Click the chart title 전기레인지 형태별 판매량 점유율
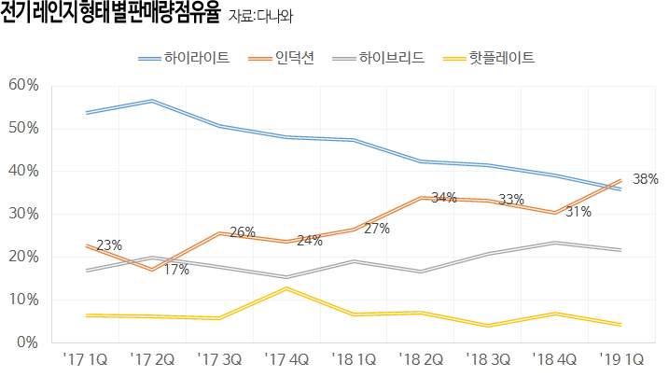point(111,15)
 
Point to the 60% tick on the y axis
point(22,85)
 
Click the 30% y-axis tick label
point(22,214)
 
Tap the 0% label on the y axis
point(26,342)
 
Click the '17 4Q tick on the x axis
point(286,358)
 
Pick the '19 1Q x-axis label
point(621,358)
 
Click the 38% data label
point(645,178)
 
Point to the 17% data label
point(176,270)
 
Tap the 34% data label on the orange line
point(443,197)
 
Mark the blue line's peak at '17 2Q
point(152,101)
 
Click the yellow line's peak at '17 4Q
point(286,288)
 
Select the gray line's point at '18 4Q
point(554,243)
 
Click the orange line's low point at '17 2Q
point(152,270)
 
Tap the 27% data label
point(376,229)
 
